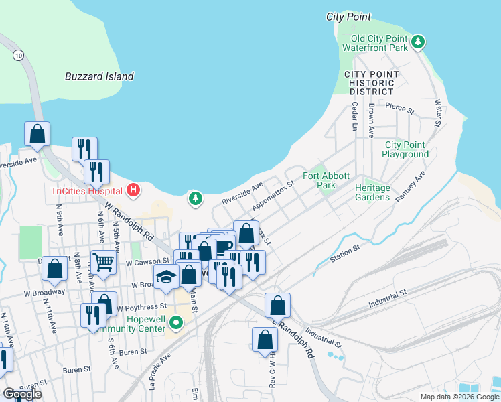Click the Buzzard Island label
[99, 76]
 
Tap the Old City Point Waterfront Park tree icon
[419, 42]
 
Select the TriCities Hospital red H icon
[133, 190]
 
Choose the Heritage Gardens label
[372, 192]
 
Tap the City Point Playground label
[405, 149]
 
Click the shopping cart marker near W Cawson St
[102, 262]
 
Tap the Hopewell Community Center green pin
[176, 324]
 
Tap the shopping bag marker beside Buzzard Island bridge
[38, 134]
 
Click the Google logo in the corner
[22, 394]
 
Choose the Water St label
[439, 113]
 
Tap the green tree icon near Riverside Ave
[195, 198]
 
